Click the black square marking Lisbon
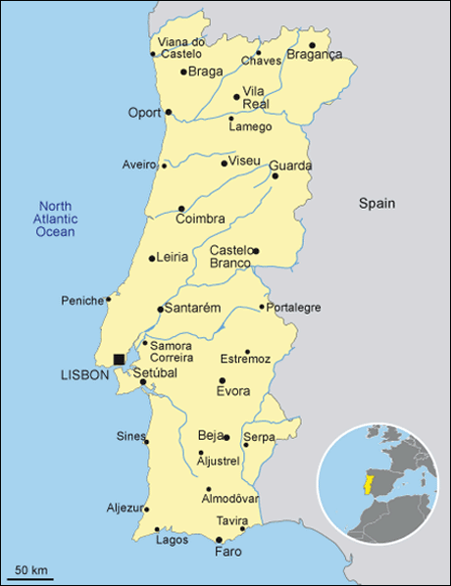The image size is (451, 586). tap(119, 360)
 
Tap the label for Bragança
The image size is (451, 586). tap(315, 55)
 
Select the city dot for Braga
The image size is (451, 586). tap(183, 72)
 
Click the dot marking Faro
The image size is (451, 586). tap(219, 540)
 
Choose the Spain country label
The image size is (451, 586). tap(376, 204)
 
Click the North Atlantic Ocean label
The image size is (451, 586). tap(56, 219)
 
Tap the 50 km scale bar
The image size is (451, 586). tap(32, 577)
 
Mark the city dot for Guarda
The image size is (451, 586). tap(275, 176)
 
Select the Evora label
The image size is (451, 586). tap(233, 392)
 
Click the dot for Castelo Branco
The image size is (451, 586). tap(255, 251)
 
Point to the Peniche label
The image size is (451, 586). tap(81, 300)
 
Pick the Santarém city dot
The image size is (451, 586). tap(161, 309)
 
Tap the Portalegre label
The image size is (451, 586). tap(294, 308)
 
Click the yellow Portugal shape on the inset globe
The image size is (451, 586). tap(367, 484)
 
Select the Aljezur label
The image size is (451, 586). tap(125, 508)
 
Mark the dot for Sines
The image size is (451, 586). tap(147, 442)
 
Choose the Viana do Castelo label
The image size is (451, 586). tap(181, 48)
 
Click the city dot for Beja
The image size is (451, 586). tap(226, 437)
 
